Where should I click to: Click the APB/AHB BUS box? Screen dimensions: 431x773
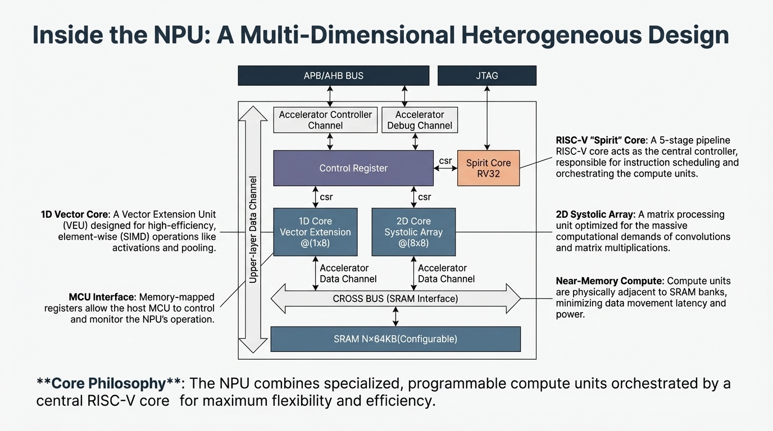tap(333, 76)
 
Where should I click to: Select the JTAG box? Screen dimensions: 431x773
tap(486, 76)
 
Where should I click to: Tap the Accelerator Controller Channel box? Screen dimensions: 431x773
tap(325, 120)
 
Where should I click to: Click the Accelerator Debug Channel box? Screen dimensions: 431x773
tap(420, 120)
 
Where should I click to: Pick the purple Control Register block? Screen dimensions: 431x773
tap(353, 168)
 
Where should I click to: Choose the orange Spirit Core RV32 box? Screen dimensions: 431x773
tap(488, 168)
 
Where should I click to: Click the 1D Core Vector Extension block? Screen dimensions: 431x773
tap(315, 232)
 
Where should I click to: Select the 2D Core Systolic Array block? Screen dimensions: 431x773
tap(413, 232)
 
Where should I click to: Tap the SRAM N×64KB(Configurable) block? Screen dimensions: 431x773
tap(395, 339)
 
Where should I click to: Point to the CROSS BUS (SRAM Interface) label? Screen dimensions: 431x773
tap(395, 299)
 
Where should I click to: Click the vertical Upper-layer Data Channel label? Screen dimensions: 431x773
tap(253, 230)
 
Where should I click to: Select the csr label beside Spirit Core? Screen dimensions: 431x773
tap(445, 161)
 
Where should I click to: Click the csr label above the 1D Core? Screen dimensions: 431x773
tap(326, 197)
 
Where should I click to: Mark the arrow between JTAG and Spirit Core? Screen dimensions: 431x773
tap(487, 118)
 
